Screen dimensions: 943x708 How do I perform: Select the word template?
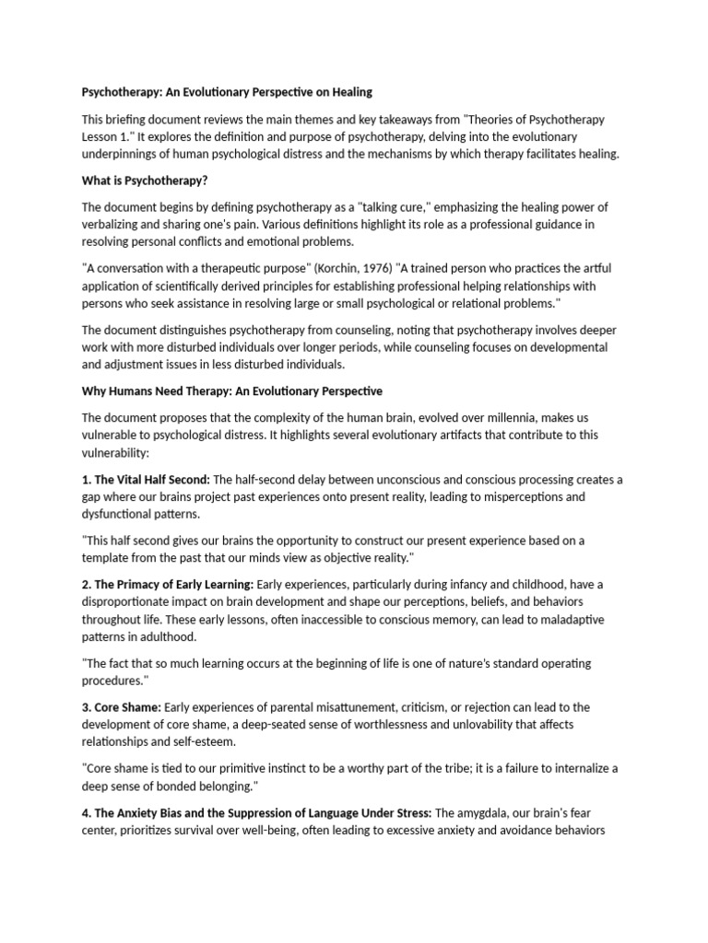109,557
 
